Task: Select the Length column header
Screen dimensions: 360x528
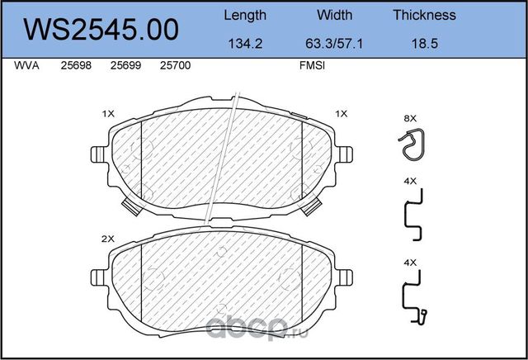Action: click(x=245, y=15)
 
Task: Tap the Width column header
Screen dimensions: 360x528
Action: click(x=334, y=15)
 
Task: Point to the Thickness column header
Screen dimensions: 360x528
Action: click(x=424, y=15)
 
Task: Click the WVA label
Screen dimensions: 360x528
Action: click(x=26, y=67)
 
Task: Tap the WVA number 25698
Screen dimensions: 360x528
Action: click(x=75, y=67)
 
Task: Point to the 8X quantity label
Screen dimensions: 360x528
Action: click(x=410, y=118)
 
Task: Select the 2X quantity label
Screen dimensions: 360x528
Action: click(x=106, y=239)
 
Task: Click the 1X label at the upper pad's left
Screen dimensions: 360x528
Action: click(x=106, y=113)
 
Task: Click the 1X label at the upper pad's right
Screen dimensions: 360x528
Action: click(x=342, y=113)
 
